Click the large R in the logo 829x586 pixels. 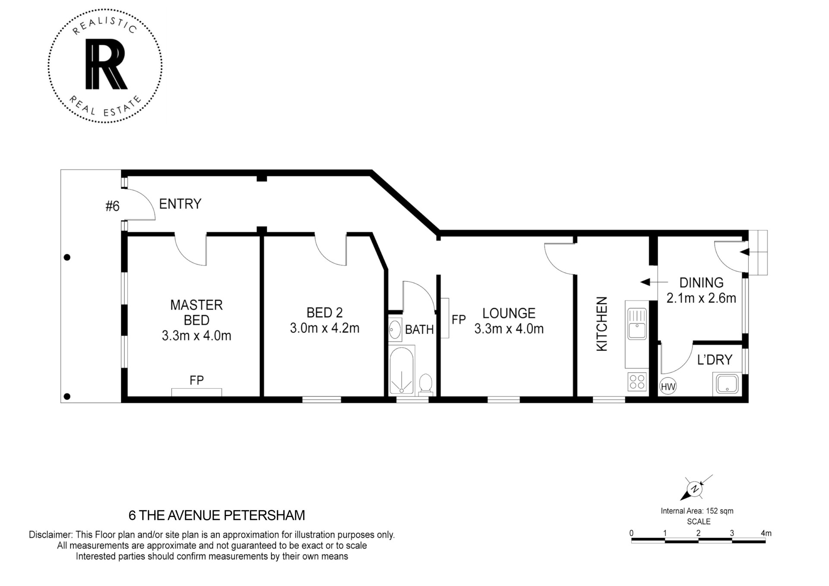(106, 64)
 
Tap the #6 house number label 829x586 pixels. (113, 206)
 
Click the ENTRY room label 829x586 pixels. (180, 204)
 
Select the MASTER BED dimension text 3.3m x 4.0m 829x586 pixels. (196, 336)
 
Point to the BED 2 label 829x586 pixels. (325, 312)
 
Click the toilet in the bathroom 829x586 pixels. (426, 383)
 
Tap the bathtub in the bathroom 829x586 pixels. (402, 370)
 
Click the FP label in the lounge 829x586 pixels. (459, 320)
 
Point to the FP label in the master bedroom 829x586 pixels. (196, 380)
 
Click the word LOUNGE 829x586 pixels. (509, 313)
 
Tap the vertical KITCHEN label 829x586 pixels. (601, 323)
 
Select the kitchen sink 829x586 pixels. (637, 324)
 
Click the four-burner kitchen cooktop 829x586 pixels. (637, 382)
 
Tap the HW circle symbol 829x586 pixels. (668, 386)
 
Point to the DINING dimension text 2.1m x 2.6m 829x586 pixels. (701, 298)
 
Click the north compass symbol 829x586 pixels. (695, 488)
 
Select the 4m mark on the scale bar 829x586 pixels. (766, 533)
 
